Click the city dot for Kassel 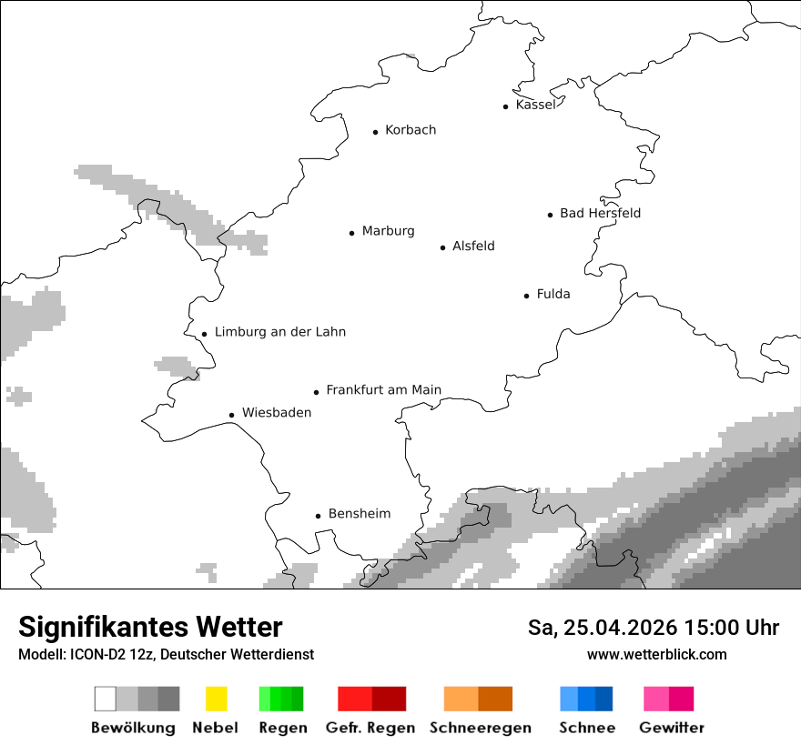(506, 106)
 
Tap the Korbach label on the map (410, 130)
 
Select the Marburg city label (388, 231)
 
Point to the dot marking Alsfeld (443, 247)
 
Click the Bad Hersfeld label (600, 213)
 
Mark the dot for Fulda (527, 296)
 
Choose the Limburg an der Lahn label (279, 332)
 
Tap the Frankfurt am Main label (383, 390)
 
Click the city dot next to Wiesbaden (232, 415)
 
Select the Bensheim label (359, 514)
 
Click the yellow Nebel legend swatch (216, 699)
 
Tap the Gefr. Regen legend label (370, 728)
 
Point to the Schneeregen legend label (480, 728)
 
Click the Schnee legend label (586, 728)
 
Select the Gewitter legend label (671, 728)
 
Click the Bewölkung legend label (133, 728)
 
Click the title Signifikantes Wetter (150, 627)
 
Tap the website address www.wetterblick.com (656, 654)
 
